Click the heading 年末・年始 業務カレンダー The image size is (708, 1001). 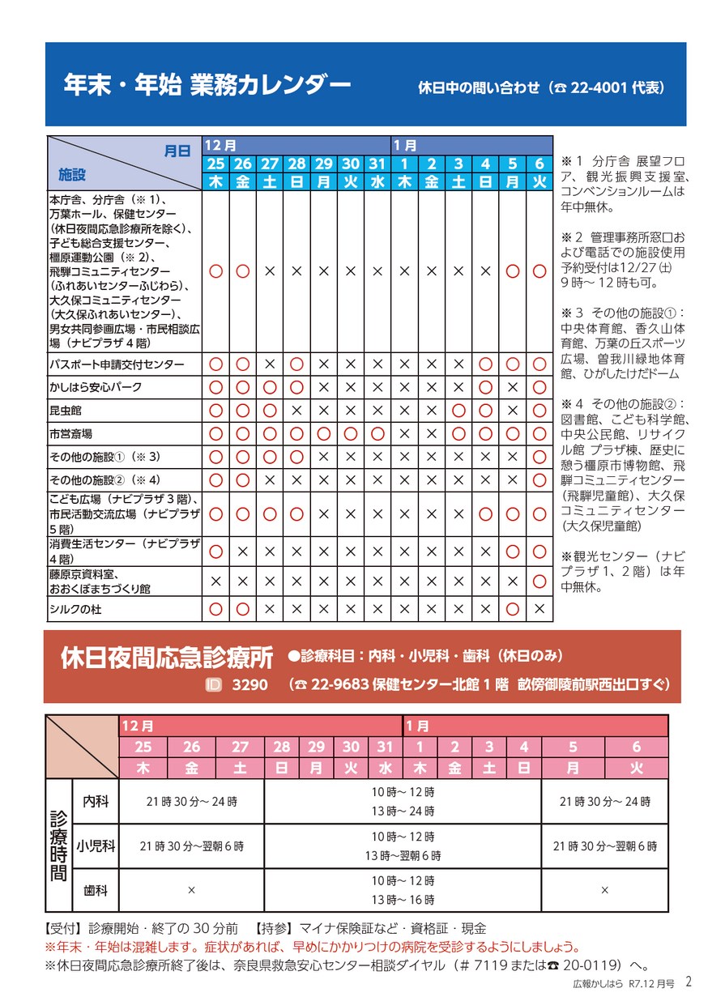click(x=207, y=85)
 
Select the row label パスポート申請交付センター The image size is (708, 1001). click(x=117, y=364)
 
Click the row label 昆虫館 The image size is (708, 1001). click(x=65, y=411)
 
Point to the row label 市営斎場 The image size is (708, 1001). click(x=70, y=434)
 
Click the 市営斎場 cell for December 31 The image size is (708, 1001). click(x=377, y=434)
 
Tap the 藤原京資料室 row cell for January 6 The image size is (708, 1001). click(x=539, y=581)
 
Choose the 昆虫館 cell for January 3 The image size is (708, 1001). click(x=458, y=411)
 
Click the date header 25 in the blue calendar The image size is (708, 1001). click(x=216, y=164)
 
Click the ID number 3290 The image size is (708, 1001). click(x=250, y=685)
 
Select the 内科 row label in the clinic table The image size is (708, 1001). click(x=96, y=801)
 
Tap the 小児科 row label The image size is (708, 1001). click(x=96, y=846)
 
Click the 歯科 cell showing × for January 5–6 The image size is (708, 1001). click(x=604, y=890)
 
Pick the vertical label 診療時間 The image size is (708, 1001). click(x=58, y=846)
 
